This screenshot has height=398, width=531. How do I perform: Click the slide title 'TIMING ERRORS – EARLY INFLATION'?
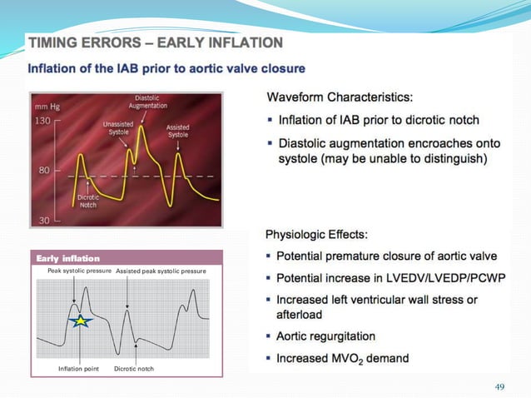(x=156, y=42)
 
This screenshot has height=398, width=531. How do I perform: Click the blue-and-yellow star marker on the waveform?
(x=80, y=321)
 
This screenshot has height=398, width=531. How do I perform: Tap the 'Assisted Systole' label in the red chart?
(x=177, y=131)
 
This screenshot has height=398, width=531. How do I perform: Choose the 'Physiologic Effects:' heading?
(x=326, y=234)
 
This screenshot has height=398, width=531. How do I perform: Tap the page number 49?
(x=499, y=386)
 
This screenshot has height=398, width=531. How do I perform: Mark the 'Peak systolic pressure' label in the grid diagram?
(x=74, y=271)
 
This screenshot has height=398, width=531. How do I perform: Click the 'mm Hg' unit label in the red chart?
(x=47, y=107)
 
